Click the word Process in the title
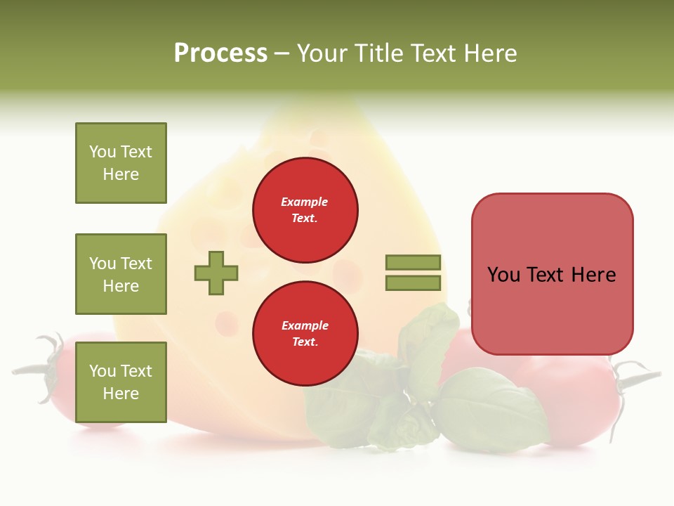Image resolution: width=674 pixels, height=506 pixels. [220, 53]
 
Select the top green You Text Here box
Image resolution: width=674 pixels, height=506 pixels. [121, 163]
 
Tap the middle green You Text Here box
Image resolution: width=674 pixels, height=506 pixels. [121, 274]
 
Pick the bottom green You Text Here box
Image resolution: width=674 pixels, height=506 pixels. [121, 382]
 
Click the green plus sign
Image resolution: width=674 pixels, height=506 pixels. [216, 273]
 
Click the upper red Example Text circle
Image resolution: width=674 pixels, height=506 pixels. [305, 210]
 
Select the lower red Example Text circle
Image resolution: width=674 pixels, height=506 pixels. [305, 334]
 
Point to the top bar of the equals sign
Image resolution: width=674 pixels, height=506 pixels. [413, 262]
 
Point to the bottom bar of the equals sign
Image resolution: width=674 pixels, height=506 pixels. [413, 283]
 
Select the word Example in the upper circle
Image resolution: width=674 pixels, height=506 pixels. [305, 202]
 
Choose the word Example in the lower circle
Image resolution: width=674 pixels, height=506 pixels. [305, 325]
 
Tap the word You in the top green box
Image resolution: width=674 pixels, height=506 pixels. [102, 152]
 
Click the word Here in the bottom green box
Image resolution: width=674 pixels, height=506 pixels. [121, 394]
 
